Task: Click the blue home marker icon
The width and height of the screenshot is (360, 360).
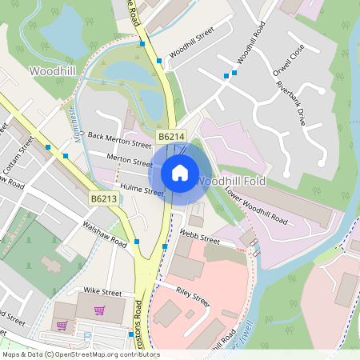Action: (x=180, y=172)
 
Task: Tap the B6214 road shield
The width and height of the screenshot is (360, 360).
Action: (x=170, y=138)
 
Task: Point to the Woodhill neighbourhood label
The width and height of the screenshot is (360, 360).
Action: (x=53, y=71)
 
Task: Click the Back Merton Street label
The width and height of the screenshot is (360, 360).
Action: (x=119, y=141)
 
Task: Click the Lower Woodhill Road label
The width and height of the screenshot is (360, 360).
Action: (x=255, y=205)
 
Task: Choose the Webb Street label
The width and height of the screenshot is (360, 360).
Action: (x=199, y=236)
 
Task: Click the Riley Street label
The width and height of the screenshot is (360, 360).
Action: (x=192, y=298)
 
